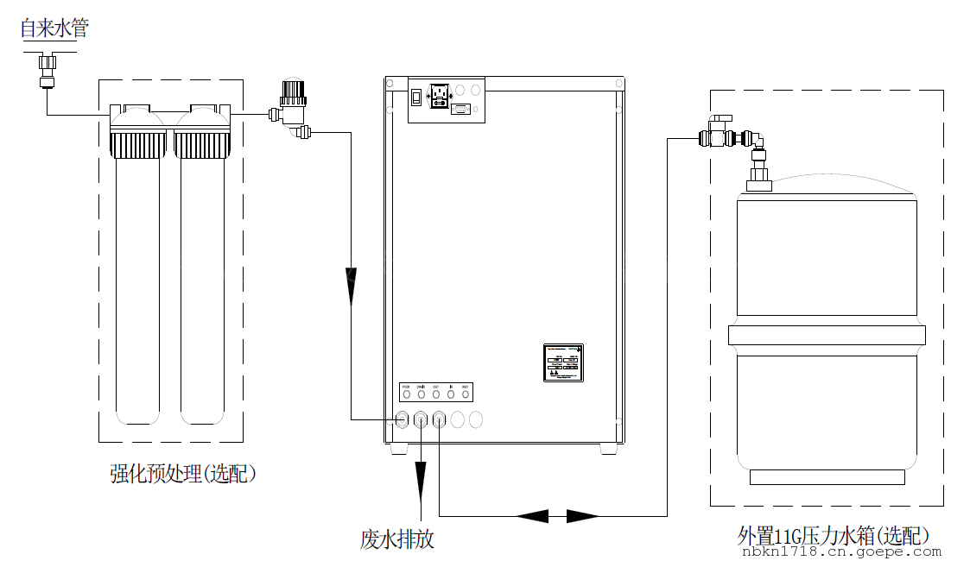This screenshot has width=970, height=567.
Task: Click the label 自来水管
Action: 54,28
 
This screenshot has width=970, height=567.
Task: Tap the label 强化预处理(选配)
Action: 183,473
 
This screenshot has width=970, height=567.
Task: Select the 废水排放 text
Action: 396,540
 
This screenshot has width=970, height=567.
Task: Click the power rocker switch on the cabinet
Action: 415,97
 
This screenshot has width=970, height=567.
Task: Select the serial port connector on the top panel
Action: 460,109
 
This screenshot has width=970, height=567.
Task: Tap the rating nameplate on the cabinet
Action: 563,362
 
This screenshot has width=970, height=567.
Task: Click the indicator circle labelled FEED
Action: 406,394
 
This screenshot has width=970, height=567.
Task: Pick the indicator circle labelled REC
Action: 465,394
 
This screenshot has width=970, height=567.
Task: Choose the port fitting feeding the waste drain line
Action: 422,420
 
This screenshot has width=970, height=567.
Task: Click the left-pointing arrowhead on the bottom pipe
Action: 532,516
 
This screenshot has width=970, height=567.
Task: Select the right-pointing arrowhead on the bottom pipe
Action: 582,516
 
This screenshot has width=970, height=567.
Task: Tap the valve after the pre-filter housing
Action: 292,107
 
